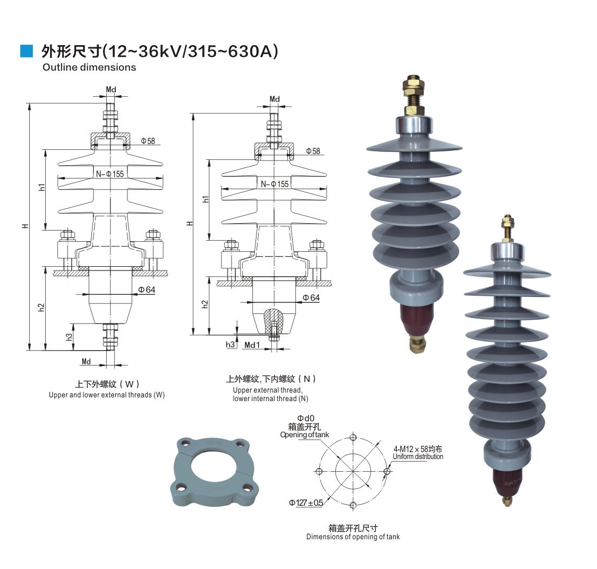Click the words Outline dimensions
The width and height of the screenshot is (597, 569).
point(89,67)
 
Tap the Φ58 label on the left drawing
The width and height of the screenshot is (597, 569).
point(148,141)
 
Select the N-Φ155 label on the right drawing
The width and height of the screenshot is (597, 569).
point(275,184)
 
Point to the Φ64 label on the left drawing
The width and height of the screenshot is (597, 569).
point(147,290)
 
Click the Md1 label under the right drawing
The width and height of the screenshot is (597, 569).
point(252,345)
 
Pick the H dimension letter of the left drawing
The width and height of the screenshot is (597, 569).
point(25,226)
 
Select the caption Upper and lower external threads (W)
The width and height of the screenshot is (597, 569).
point(107,395)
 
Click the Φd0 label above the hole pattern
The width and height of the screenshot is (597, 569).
point(305,419)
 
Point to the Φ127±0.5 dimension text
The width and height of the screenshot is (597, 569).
point(306,503)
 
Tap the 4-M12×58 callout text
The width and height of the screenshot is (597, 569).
point(417,449)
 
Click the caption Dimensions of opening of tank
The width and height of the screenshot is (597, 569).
point(353,537)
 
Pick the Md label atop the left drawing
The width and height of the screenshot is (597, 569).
point(110,89)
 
